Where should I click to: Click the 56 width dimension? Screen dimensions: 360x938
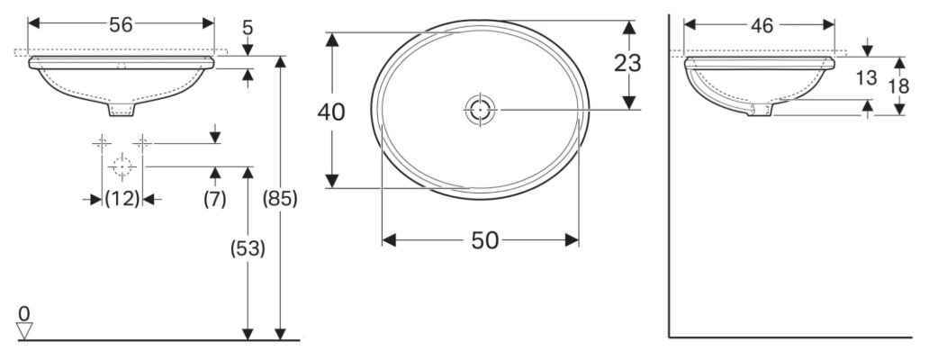coord(121,25)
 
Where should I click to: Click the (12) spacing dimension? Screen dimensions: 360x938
coord(122,200)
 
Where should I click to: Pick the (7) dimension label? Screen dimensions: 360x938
coord(213,200)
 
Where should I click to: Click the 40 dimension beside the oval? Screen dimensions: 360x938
coord(332,112)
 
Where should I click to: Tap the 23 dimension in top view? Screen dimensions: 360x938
coord(629,63)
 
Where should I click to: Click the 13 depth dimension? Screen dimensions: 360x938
coord(865,78)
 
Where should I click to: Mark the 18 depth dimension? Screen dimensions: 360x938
coord(898,85)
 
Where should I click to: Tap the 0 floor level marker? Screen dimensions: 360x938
coord(24,312)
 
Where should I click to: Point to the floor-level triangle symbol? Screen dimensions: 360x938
coord(24,330)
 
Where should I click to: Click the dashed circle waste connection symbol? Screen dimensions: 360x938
coord(122,166)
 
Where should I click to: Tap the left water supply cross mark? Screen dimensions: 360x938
coord(102,142)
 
